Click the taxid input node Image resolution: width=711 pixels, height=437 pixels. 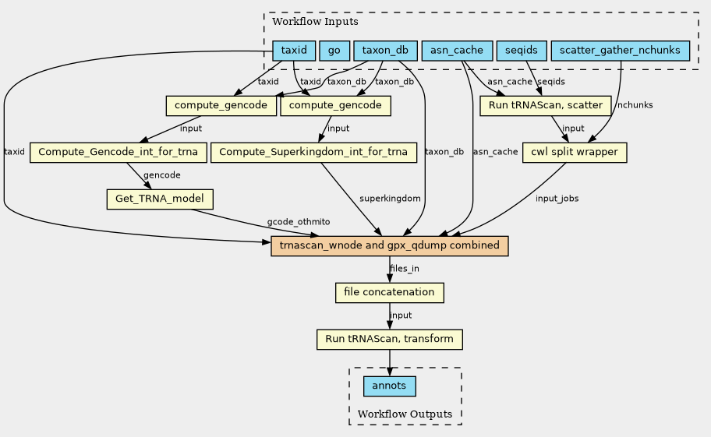pyautogui.click(x=294, y=51)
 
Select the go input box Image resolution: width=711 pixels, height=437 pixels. pyautogui.click(x=334, y=51)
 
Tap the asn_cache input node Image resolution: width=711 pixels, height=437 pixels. pyautogui.click(x=457, y=51)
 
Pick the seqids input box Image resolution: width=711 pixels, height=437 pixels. pyautogui.click(x=522, y=51)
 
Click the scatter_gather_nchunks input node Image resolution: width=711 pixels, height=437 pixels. pyautogui.click(x=620, y=51)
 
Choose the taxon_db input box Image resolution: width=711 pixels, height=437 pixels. pyautogui.click(x=385, y=51)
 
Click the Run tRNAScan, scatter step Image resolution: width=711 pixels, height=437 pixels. pyautogui.click(x=546, y=105)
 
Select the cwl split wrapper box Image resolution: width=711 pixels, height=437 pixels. pyautogui.click(x=575, y=152)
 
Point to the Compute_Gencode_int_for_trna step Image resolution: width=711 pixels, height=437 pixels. pyautogui.click(x=118, y=152)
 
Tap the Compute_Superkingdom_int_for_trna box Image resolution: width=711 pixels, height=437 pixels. pyautogui.click(x=313, y=152)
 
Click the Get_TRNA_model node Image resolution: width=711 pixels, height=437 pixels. pyautogui.click(x=160, y=199)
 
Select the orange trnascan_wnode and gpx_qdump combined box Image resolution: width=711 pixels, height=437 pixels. pyautogui.click(x=390, y=246)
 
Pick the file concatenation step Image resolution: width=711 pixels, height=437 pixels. pyautogui.click(x=390, y=293)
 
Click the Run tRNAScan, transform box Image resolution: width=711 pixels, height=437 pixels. pyautogui.click(x=390, y=339)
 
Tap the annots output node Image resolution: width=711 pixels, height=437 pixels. pyautogui.click(x=390, y=386)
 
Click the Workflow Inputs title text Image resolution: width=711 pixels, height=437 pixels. pyautogui.click(x=315, y=22)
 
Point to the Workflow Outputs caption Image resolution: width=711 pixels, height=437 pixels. pyautogui.click(x=405, y=414)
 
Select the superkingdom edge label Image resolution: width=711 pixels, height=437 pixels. pyautogui.click(x=390, y=199)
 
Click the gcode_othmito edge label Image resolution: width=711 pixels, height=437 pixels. pyautogui.click(x=299, y=222)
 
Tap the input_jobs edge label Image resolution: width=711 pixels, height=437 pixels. pyautogui.click(x=557, y=199)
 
